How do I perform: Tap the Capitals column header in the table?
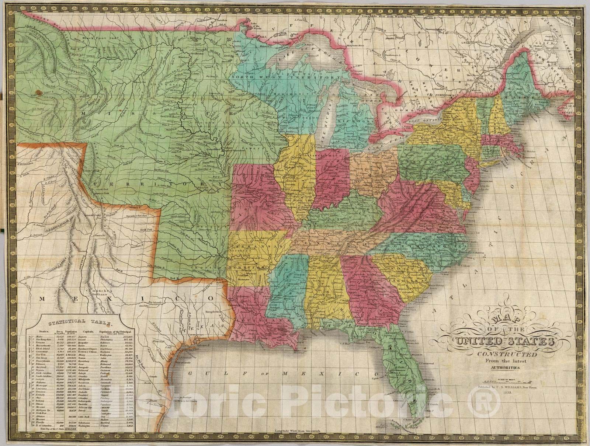point(90,331)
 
